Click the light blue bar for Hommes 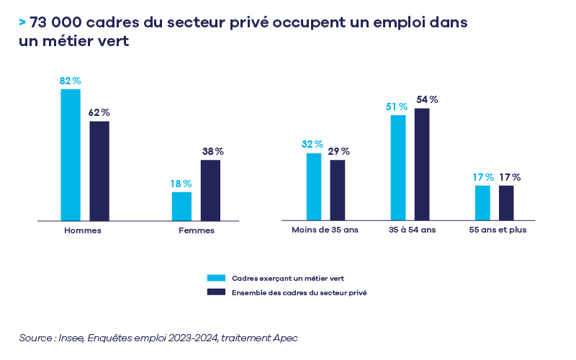[71, 154]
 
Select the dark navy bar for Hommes [99, 170]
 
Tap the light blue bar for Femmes [181, 205]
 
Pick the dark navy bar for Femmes [210, 189]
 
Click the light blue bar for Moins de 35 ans [314, 186]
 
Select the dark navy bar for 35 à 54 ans [422, 163]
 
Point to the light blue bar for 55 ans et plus [482, 202]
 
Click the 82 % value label [70, 81]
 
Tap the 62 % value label [99, 113]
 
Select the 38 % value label [212, 152]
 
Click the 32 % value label [312, 145]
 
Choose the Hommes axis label [83, 230]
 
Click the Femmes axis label [196, 230]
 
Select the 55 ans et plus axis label [498, 230]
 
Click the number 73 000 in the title [60, 22]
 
